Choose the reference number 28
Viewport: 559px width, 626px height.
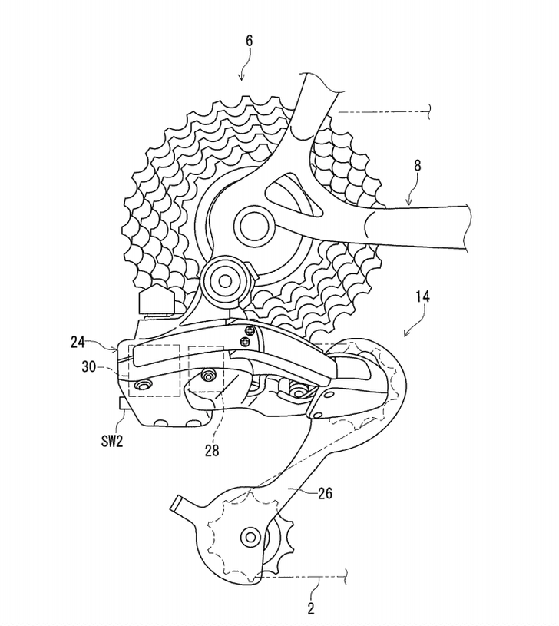(211, 451)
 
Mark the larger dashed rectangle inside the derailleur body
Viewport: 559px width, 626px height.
(154, 370)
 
